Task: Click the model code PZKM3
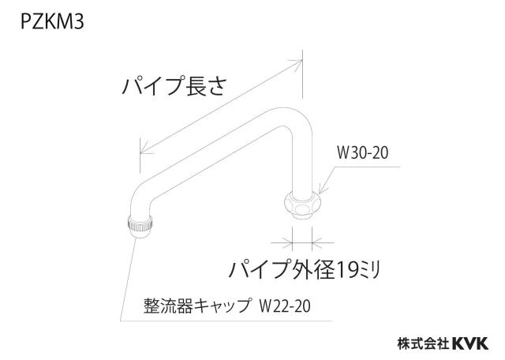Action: tap(53, 22)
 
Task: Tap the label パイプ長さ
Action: tap(174, 86)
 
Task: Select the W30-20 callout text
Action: tap(363, 152)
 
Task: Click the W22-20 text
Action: tap(285, 306)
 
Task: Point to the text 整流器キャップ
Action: tap(196, 306)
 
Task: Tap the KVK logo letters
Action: tap(470, 343)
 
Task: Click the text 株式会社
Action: tap(424, 343)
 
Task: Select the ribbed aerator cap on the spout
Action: tap(140, 227)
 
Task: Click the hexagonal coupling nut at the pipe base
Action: tap(302, 205)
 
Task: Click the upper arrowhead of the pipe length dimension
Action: tap(297, 63)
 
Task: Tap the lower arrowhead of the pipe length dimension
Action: tap(145, 149)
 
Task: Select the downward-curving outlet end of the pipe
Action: tap(140, 197)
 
